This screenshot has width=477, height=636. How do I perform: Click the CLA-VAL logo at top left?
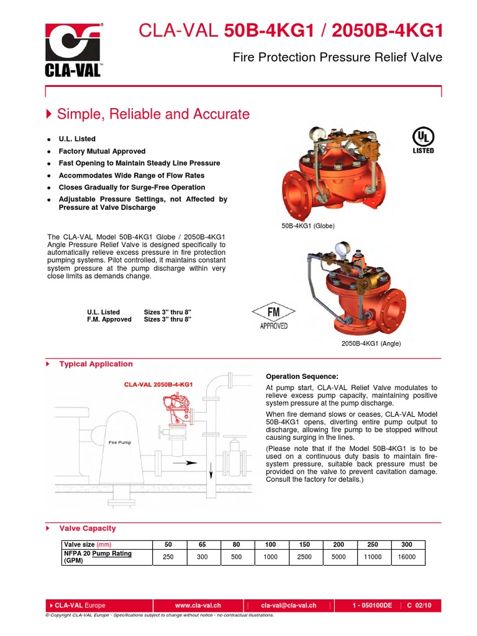pyautogui.click(x=73, y=49)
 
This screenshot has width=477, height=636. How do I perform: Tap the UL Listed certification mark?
pyautogui.click(x=423, y=140)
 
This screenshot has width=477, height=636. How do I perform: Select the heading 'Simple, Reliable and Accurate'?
pyautogui.click(x=153, y=114)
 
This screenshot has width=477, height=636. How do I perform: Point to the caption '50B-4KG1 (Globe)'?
pyautogui.click(x=308, y=226)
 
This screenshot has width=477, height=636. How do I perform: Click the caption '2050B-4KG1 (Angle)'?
pyautogui.click(x=371, y=343)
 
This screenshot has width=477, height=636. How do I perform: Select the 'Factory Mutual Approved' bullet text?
pyautogui.click(x=102, y=151)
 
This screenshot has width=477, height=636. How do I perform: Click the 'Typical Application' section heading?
pyautogui.click(x=96, y=364)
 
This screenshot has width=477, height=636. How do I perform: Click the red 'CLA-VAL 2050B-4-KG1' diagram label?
pyautogui.click(x=158, y=384)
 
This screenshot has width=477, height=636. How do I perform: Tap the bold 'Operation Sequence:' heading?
pyautogui.click(x=302, y=376)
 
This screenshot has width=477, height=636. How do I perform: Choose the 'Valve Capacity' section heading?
pyautogui.click(x=87, y=528)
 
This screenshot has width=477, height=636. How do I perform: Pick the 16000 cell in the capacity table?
pyautogui.click(x=407, y=558)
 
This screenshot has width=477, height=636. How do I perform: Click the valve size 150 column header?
pyautogui.click(x=304, y=544)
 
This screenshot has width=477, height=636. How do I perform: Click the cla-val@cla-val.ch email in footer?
pyautogui.click(x=289, y=605)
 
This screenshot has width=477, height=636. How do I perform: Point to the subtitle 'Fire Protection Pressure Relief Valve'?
pyautogui.click(x=337, y=58)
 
